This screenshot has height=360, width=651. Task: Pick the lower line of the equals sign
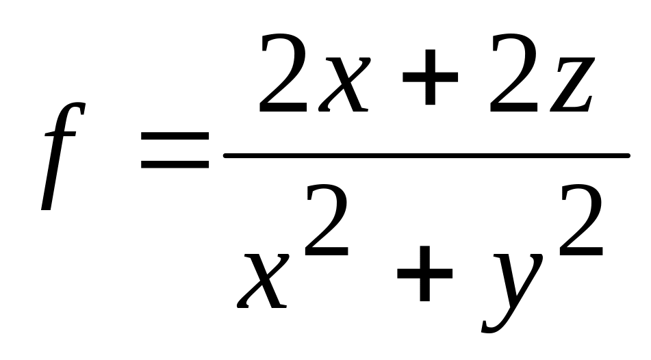click(x=175, y=165)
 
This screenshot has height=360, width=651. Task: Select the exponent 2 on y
click(x=581, y=222)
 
